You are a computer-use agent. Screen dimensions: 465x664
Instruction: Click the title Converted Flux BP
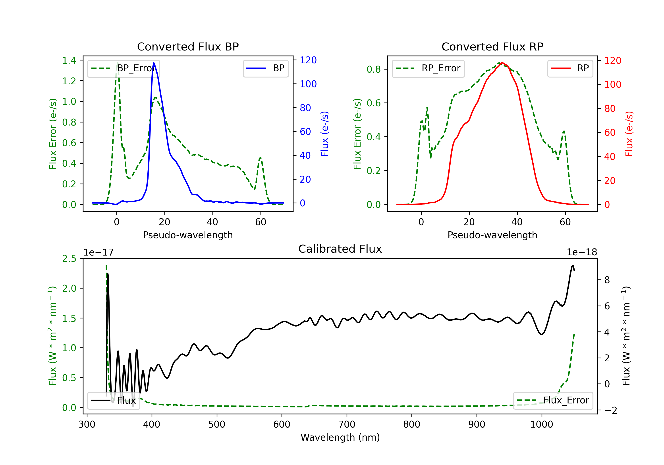[188, 46]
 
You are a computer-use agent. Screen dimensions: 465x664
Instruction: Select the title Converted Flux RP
[492, 46]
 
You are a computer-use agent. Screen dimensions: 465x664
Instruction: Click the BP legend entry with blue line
[265, 68]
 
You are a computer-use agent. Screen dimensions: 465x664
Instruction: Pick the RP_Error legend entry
[428, 68]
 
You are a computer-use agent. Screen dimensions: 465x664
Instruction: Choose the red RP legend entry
[570, 68]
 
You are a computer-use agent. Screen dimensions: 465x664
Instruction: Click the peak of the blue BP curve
[154, 63]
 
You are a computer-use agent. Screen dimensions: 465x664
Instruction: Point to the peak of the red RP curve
[502, 63]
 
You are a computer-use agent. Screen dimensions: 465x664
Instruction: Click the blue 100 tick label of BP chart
[308, 84]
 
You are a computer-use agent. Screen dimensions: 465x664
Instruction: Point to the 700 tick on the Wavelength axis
[347, 424]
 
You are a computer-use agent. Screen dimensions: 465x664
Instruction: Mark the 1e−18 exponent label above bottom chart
[582, 252]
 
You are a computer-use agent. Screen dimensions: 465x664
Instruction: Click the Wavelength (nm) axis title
[340, 437]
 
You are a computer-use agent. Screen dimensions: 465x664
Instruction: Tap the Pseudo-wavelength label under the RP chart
[492, 235]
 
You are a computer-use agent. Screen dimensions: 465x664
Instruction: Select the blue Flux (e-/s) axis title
[324, 134]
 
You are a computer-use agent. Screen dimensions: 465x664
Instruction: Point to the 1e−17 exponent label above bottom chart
[99, 252]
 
